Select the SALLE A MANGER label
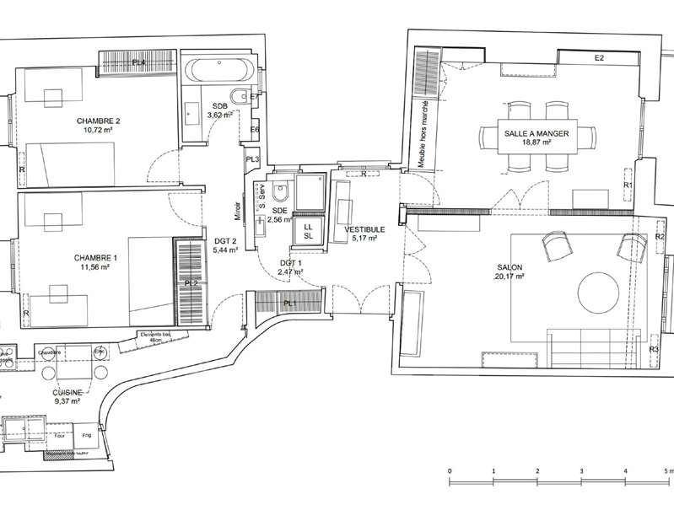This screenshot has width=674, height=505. coord(536,134)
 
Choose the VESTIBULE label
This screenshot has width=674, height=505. coord(364,228)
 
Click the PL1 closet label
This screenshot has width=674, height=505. coord(289,304)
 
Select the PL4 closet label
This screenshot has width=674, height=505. coord(138,63)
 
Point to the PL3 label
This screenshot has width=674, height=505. coord(251,159)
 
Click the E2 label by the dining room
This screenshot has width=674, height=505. coord(600,58)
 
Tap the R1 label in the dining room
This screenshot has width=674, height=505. coord(628,185)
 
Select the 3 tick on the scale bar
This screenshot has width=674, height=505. coord(581,470)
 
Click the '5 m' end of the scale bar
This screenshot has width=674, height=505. coord(666,470)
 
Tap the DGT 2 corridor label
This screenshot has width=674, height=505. coord(224,245)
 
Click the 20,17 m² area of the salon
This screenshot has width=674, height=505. coord(510,276)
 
